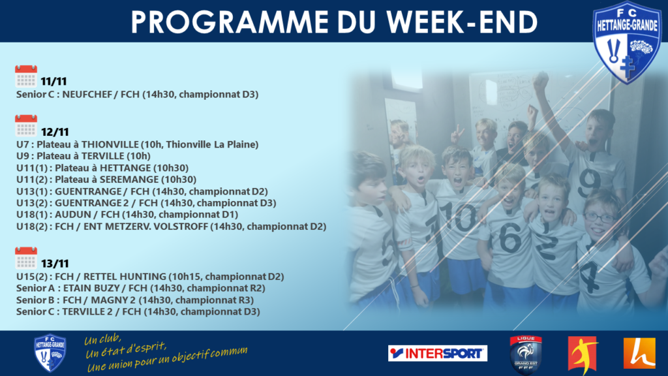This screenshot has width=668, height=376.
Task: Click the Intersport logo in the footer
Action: click(438, 353)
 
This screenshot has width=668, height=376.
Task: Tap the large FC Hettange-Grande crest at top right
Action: click(627, 42)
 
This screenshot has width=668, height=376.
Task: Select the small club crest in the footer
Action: click(50, 353)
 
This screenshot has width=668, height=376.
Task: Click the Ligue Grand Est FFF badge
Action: click(526, 354)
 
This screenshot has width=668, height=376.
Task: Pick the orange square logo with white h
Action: click(639, 353)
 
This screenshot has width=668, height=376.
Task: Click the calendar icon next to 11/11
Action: click(26, 76)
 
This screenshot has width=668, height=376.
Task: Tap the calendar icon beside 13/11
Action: click(26, 258)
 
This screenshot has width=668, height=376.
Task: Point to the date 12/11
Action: click(55, 132)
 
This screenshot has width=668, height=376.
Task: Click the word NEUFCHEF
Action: click(87, 94)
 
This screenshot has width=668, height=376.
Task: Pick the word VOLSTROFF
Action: click(181, 227)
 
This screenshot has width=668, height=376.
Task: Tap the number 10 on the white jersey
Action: click(459, 217)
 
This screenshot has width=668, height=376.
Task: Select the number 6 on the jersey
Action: click(510, 238)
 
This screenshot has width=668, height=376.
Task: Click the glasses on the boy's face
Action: click(600, 217)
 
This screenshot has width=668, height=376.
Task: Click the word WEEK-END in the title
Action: click(462, 22)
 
